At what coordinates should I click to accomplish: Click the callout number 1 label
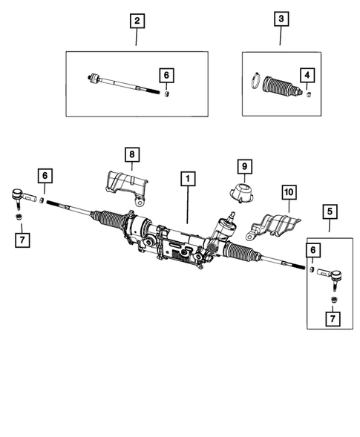188,179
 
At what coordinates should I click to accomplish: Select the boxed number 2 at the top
135,21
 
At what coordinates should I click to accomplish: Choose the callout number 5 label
328,212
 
